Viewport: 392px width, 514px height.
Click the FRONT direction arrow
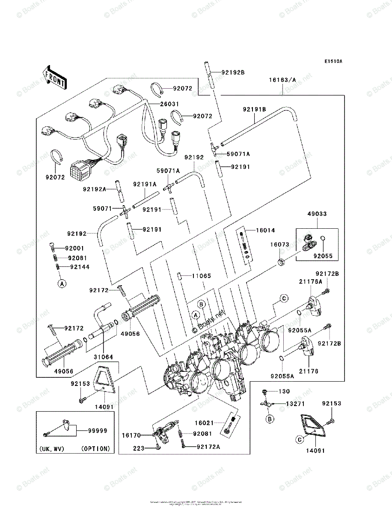tap(54, 77)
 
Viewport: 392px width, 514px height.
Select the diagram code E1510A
tap(333, 61)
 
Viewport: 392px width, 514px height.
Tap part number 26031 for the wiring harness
tap(169, 104)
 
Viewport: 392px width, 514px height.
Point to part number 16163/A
tap(282, 80)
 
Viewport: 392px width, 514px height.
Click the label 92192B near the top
tap(233, 72)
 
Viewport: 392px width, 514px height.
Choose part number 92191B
tap(255, 110)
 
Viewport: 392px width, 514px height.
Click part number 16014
tap(266, 230)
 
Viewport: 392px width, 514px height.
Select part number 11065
tap(201, 276)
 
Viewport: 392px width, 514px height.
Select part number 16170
tap(131, 435)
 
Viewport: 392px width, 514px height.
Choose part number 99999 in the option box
tap(98, 431)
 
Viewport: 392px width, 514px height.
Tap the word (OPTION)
tap(95, 449)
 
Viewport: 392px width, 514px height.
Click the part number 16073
tap(280, 245)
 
